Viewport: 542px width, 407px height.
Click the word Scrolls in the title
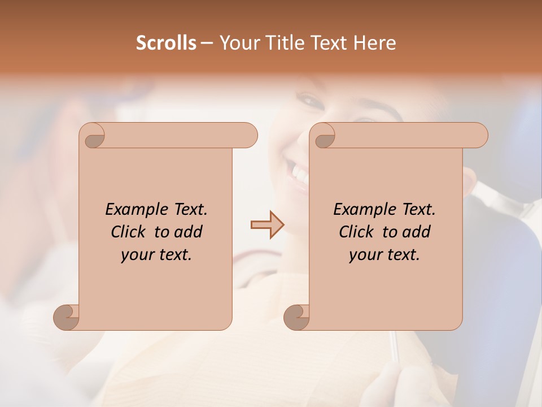click(x=166, y=43)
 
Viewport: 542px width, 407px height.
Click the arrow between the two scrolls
click(x=268, y=225)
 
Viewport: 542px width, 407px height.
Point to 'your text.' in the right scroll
click(x=384, y=255)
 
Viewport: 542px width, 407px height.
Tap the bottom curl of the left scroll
click(x=67, y=317)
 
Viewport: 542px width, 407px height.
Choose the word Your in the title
click(x=238, y=43)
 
